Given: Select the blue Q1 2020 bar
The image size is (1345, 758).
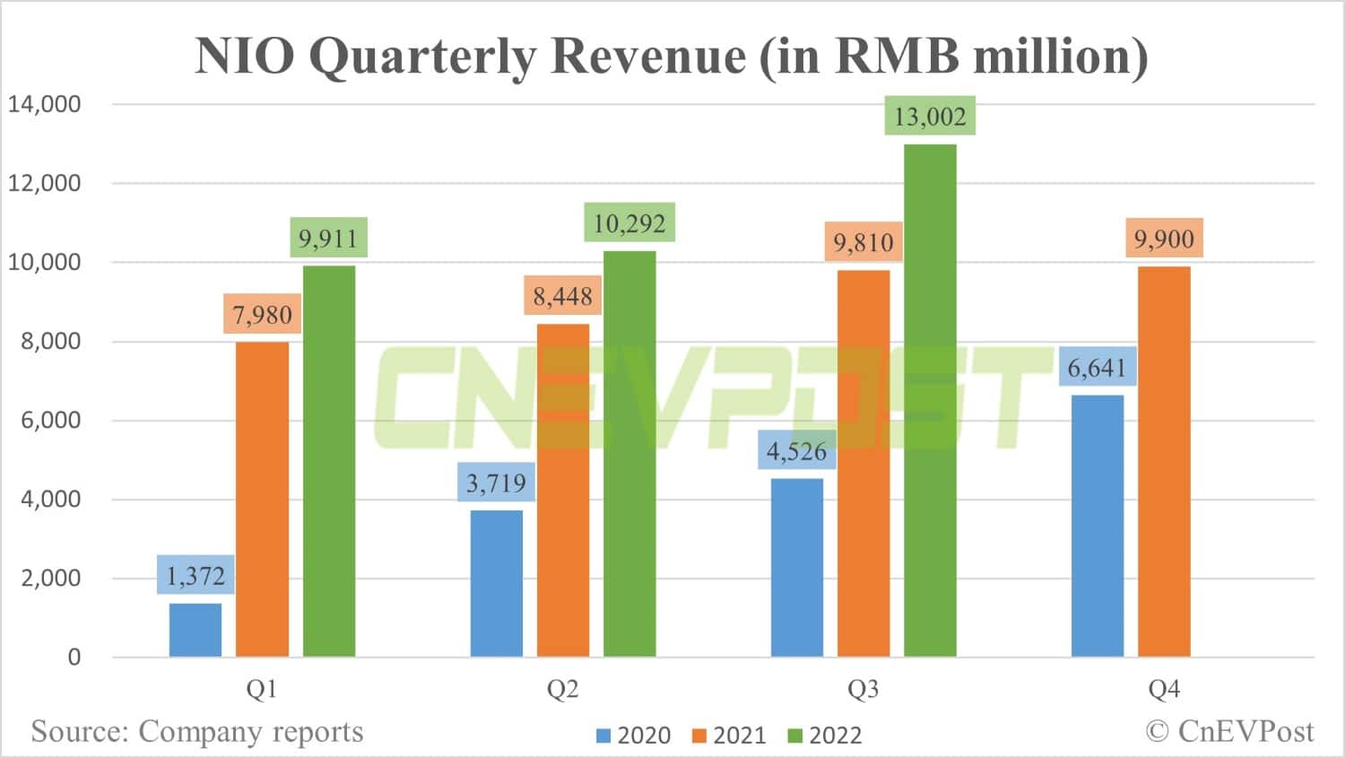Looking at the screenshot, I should click(x=195, y=630).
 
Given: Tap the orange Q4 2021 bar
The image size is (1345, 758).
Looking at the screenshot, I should click(x=1164, y=461).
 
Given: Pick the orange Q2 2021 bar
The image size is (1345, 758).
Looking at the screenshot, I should click(x=563, y=490).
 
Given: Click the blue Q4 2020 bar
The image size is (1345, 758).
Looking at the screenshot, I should click(x=1098, y=526).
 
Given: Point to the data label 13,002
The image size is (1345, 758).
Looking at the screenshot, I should click(x=930, y=117).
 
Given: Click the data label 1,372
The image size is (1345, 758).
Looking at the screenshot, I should click(x=195, y=576).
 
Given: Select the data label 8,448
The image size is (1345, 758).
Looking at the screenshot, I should click(x=563, y=296).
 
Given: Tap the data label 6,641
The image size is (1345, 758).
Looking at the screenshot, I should click(x=1097, y=368).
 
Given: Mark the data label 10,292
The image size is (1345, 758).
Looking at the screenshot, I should click(x=629, y=223).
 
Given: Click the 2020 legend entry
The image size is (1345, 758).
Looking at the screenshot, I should click(x=634, y=736).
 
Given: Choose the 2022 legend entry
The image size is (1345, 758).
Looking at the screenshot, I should click(x=825, y=736).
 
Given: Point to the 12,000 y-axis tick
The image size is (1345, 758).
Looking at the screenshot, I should click(x=45, y=183).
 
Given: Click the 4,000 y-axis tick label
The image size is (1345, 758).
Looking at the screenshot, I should click(x=50, y=500).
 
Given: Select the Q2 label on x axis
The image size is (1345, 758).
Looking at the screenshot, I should click(x=563, y=689).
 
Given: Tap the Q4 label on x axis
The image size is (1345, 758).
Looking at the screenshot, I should click(x=1164, y=689).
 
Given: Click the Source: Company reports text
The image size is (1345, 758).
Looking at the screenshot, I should click(x=197, y=731).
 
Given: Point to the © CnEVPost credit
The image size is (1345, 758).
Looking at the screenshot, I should click(x=1229, y=731).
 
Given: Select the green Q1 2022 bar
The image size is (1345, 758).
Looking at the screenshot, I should click(x=329, y=461).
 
